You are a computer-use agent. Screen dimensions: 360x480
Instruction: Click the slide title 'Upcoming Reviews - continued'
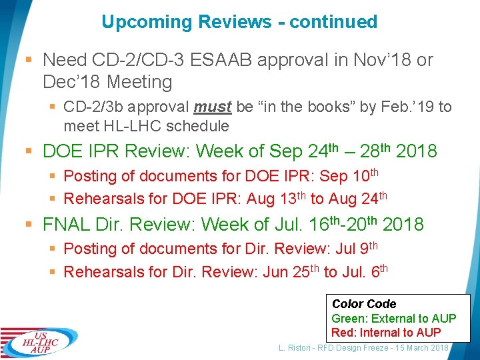(x=239, y=22)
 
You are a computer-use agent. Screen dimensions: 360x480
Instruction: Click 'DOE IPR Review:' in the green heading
(x=117, y=151)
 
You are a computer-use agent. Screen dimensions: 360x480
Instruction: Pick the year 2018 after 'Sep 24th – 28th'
(x=416, y=151)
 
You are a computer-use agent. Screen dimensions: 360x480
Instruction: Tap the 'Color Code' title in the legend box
(x=364, y=304)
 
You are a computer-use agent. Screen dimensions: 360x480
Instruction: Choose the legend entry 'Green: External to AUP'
(x=394, y=319)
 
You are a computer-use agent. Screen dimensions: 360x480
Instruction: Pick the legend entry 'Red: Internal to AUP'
(x=387, y=332)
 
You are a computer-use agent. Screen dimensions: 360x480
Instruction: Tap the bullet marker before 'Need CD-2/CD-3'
(x=31, y=61)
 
